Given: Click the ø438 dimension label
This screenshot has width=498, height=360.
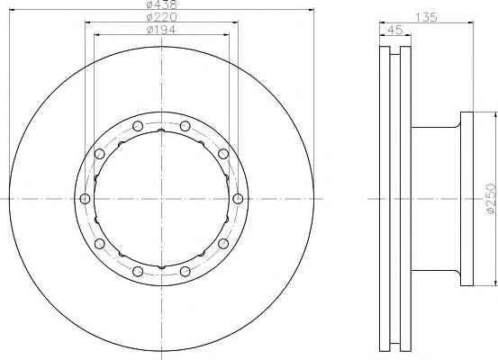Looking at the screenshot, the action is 161,4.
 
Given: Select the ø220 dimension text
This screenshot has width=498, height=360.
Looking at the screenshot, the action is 161,17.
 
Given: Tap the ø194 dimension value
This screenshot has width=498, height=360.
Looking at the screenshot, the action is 161,30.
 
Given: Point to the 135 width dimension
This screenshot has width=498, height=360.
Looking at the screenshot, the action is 427,17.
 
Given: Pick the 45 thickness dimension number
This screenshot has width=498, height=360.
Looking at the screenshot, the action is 395,30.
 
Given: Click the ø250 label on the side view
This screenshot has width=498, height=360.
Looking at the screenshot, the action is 491,199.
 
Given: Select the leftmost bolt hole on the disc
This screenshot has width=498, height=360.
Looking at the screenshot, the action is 85,199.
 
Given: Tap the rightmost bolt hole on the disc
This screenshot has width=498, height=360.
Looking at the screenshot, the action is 238,199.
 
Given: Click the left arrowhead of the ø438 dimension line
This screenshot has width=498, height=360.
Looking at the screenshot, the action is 13,10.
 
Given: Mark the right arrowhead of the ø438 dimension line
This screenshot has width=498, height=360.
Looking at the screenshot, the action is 311,10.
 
